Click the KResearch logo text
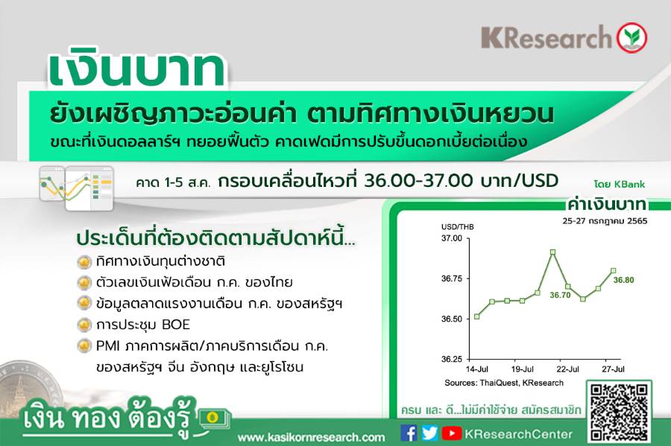click(546, 37)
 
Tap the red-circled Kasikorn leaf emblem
click(631, 37)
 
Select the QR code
click(619, 412)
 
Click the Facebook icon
click(409, 433)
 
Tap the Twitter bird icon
click(429, 433)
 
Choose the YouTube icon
click(451, 433)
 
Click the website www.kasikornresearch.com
click(311, 437)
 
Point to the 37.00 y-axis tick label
click(452, 238)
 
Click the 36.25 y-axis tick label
click(452, 359)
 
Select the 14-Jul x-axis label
click(476, 369)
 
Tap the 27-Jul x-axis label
click(614, 369)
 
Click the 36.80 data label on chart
click(623, 280)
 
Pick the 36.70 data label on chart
click(560, 295)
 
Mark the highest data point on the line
click(553, 252)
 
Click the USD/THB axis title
click(458, 227)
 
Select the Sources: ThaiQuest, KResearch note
click(504, 383)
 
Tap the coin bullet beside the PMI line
click(84, 345)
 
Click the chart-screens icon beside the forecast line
click(76, 188)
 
